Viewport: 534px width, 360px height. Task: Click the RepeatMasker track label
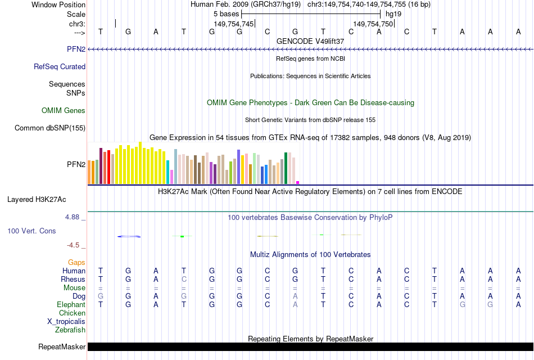pos(62,347)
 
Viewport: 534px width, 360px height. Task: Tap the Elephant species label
pos(71,304)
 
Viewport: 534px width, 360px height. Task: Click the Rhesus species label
pos(73,279)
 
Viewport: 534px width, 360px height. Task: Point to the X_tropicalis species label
pos(66,322)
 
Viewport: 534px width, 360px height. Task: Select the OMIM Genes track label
pos(64,111)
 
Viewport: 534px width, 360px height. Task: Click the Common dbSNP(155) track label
pos(50,128)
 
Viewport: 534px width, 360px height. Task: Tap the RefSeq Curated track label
pos(60,67)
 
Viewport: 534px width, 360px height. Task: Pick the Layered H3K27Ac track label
pos(37,199)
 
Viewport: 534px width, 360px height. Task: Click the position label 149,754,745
pos(234,24)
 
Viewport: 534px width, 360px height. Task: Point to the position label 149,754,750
pos(373,24)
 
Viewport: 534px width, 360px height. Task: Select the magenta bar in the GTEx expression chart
pos(298,182)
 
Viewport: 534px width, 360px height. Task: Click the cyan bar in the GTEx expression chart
pos(168,172)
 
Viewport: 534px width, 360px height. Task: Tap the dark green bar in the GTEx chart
pos(286,168)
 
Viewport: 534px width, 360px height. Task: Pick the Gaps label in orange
pos(76,263)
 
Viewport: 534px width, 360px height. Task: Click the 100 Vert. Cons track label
pos(31,231)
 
